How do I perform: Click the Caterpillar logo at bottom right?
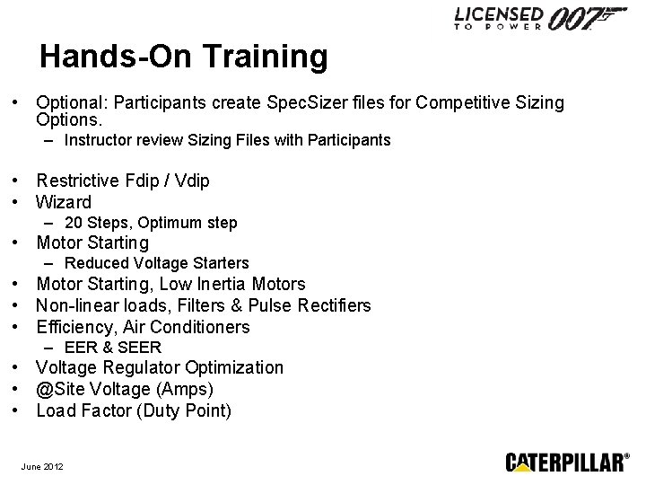[x=567, y=462]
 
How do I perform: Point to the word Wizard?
[x=64, y=202]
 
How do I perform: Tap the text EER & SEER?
[x=113, y=347]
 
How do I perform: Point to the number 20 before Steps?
[x=74, y=223]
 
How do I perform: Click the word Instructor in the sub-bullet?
[x=98, y=140]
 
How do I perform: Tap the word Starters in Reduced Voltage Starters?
[x=220, y=263]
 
